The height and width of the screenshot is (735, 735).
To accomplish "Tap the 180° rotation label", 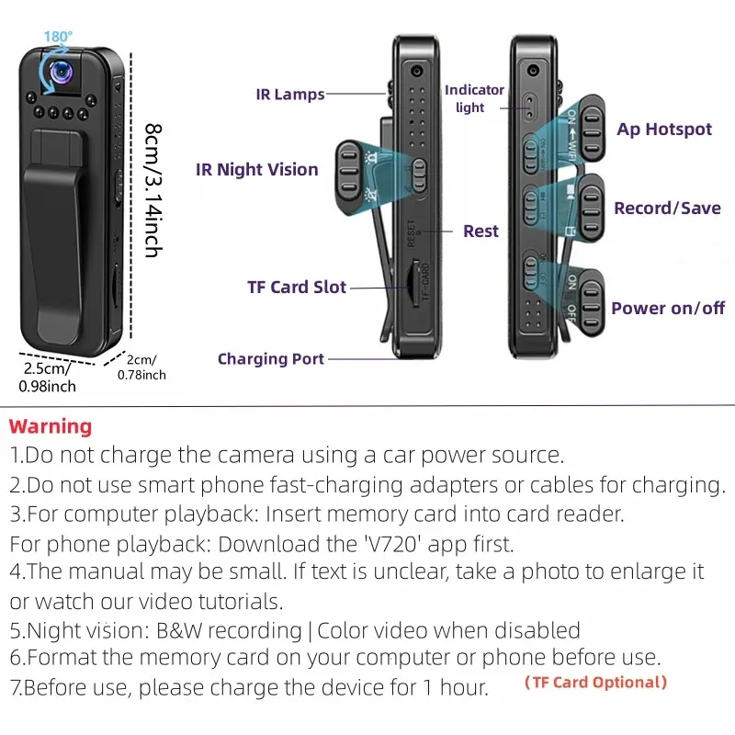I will click(58, 38).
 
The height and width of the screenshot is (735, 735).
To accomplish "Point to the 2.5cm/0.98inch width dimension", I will click(47, 378).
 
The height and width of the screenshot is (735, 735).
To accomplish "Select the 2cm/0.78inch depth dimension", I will click(141, 367).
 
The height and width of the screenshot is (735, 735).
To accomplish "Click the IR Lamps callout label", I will click(290, 95).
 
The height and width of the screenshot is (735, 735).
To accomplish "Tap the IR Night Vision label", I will click(256, 169).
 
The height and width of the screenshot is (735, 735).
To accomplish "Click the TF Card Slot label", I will click(297, 287).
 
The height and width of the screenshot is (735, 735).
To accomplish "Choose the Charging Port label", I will click(271, 358).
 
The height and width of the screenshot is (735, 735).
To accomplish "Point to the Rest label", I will click(481, 231).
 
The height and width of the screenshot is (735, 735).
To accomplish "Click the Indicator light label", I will click(474, 98).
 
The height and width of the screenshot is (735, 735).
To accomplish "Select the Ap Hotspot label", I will click(664, 129).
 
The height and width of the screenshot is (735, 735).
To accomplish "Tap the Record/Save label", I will click(667, 208).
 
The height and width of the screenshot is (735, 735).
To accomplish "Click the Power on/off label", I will click(668, 308).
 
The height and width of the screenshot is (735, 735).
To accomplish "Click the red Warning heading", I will click(51, 426).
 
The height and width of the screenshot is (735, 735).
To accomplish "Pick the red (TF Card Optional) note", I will click(595, 682).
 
